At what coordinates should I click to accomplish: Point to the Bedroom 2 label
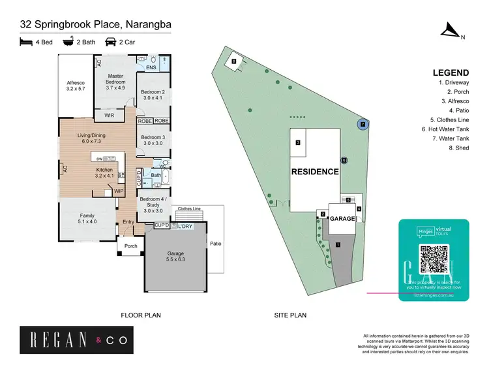click(x=154, y=95)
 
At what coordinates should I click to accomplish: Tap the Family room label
click(x=87, y=218)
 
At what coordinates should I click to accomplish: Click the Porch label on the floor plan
click(x=130, y=246)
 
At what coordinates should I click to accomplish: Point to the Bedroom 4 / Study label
click(x=153, y=204)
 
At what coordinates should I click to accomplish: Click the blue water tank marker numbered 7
click(x=363, y=123)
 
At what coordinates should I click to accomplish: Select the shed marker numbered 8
click(x=233, y=62)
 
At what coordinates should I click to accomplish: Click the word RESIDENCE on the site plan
click(x=315, y=172)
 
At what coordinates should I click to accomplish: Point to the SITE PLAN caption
click(x=290, y=315)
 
